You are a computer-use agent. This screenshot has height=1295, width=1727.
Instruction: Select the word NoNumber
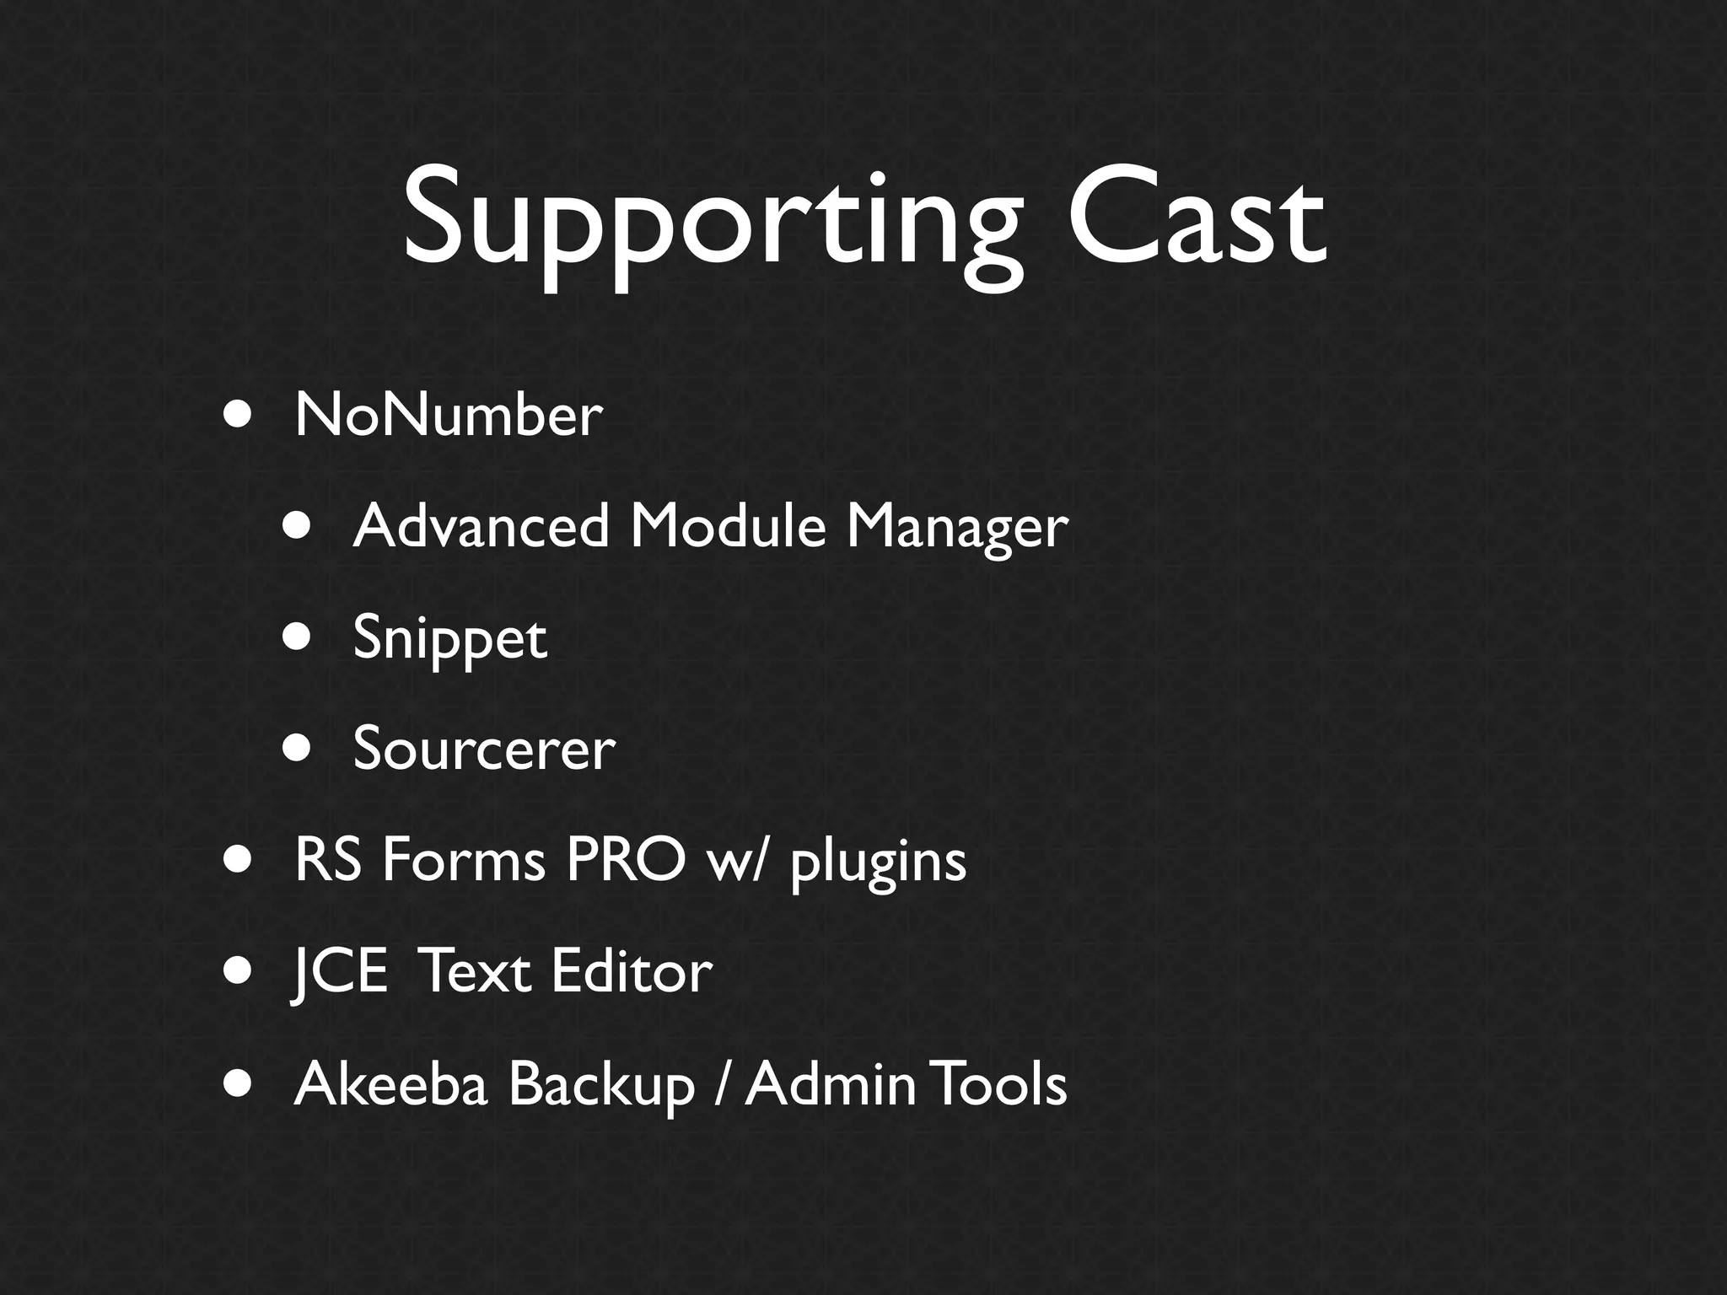(x=449, y=415)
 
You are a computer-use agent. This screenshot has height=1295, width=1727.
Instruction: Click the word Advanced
(x=481, y=526)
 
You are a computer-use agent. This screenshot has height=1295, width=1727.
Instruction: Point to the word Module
(x=728, y=526)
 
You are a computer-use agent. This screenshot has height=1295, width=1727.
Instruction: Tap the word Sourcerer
(x=484, y=749)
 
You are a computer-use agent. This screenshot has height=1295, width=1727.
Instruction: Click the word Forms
(x=463, y=861)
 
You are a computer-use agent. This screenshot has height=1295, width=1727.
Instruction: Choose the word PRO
(x=626, y=861)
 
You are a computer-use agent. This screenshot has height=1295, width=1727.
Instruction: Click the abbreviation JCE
(x=339, y=972)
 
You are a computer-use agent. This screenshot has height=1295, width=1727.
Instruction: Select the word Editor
(x=632, y=972)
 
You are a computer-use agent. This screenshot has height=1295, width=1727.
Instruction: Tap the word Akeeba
(x=391, y=1084)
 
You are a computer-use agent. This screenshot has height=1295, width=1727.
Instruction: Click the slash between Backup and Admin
(x=718, y=1084)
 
